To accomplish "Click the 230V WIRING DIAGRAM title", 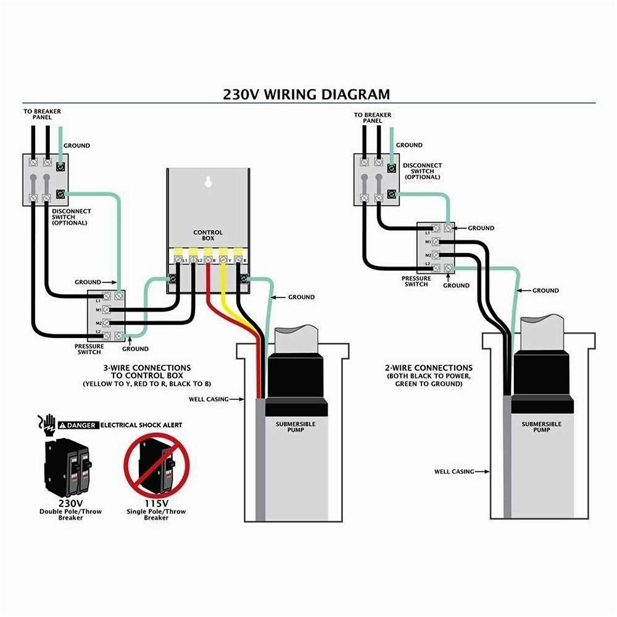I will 306,94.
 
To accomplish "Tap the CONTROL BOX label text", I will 208,236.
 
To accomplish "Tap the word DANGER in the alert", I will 83,425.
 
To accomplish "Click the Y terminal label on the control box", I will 230,262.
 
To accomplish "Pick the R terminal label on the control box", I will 214,262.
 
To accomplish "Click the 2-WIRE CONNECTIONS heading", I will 428,368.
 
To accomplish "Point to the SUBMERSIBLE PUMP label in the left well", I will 295,427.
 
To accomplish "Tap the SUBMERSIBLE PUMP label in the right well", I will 541,427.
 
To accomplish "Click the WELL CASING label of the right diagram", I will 454,471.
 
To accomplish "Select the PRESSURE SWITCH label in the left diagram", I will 89,349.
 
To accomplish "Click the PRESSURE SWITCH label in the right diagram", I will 416,281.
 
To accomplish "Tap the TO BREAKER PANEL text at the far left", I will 43,114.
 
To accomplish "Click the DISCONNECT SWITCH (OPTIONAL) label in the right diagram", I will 423,171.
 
